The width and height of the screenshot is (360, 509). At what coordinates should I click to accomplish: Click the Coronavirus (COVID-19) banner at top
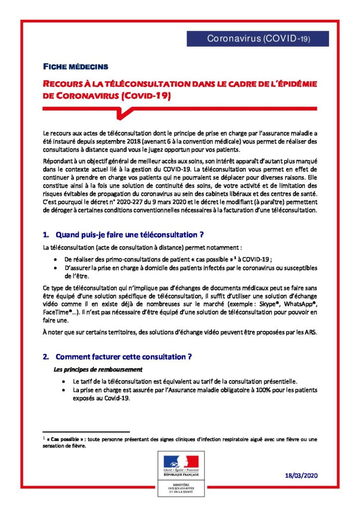(258, 38)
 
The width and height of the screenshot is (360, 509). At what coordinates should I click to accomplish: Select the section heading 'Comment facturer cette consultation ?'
(124, 356)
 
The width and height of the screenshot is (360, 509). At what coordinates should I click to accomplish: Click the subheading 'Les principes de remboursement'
(98, 369)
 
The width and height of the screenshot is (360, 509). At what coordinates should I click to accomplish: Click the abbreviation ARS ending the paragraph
(311, 332)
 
